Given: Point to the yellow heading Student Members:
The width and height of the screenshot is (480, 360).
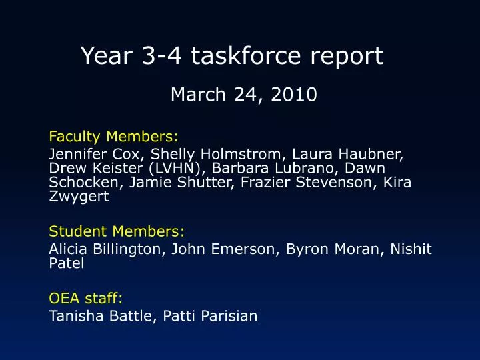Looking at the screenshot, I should tap(117, 231).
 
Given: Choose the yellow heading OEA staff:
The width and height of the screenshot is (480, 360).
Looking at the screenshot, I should tap(86, 298).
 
